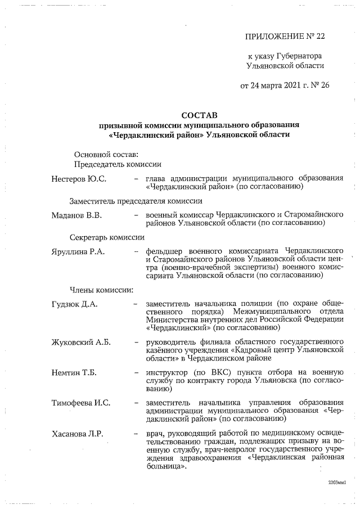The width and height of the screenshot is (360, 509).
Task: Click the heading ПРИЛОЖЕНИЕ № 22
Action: [285, 37]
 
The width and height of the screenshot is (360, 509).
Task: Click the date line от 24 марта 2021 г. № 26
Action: [285, 86]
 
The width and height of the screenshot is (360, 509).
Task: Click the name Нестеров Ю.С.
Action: [79, 178]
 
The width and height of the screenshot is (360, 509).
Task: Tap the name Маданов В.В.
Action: [76, 215]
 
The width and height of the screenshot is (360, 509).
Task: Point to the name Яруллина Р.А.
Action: [78, 251]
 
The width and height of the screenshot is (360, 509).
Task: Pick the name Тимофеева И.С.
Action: [81, 403]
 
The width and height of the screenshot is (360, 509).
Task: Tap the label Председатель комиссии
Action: [118, 164]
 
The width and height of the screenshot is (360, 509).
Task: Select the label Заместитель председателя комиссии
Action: [136, 201]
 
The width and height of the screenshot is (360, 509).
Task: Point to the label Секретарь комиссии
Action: [104, 237]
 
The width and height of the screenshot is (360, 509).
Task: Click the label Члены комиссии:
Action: [101, 290]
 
